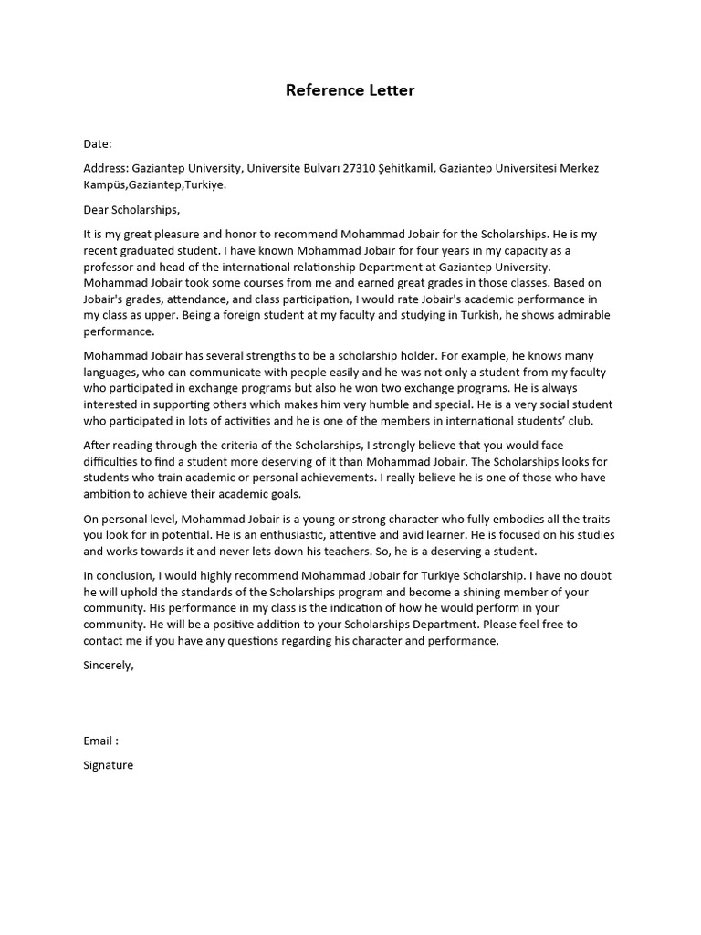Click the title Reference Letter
pos(350,89)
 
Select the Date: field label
pos(98,143)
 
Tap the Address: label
pos(105,169)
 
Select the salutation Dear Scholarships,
pos(132,209)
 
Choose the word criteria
pos(238,446)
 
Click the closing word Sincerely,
pos(109,666)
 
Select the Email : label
pos(100,741)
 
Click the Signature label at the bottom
pos(108,765)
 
